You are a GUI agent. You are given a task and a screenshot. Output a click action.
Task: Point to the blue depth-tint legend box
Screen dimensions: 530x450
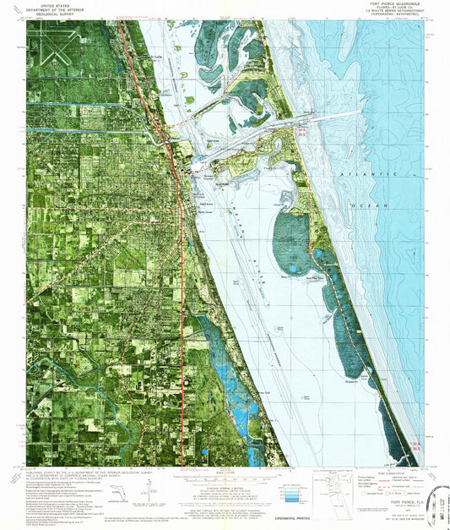click(x=290, y=489)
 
